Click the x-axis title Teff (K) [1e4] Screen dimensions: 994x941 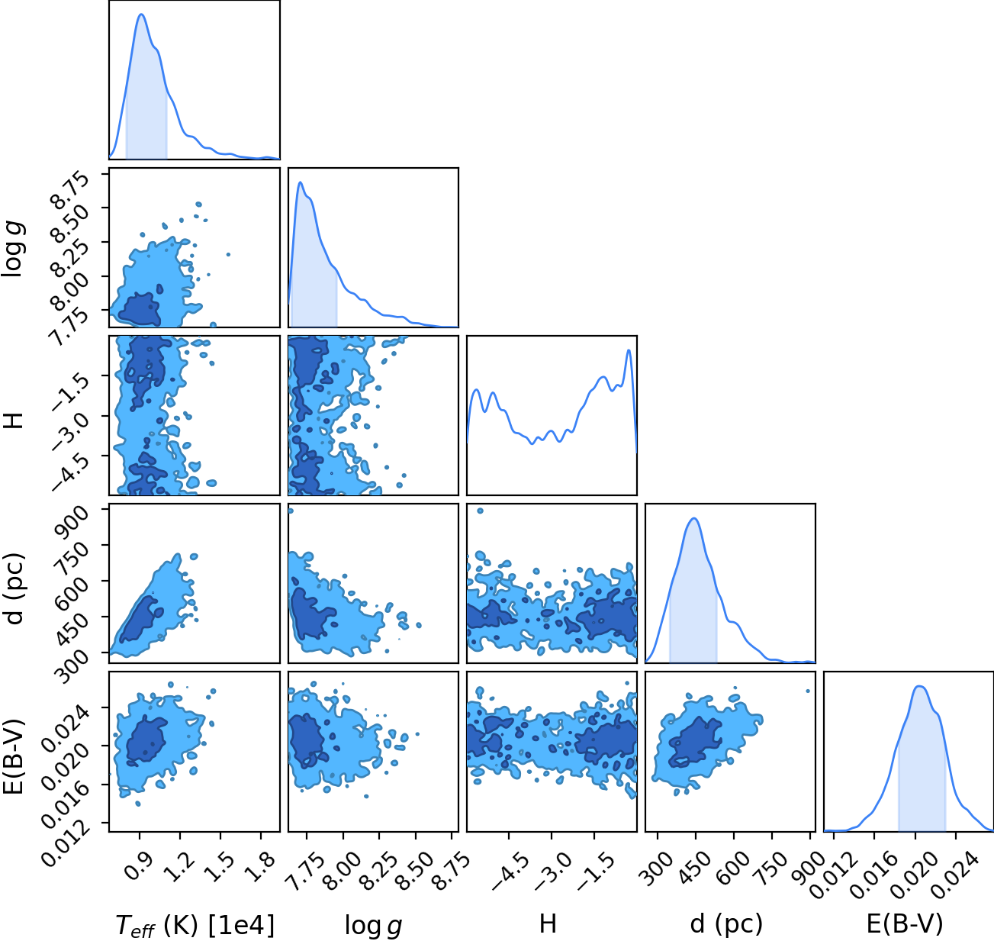click(195, 925)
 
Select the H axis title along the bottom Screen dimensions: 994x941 click(548, 923)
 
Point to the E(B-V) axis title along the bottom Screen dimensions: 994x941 click(905, 924)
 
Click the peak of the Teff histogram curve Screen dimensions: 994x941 click(142, 15)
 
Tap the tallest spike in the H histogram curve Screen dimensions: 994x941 click(629, 350)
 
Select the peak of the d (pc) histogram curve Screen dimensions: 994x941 click(694, 518)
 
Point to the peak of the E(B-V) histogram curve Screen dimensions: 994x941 click(920, 687)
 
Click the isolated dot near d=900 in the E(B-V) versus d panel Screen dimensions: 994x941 click(808, 691)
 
